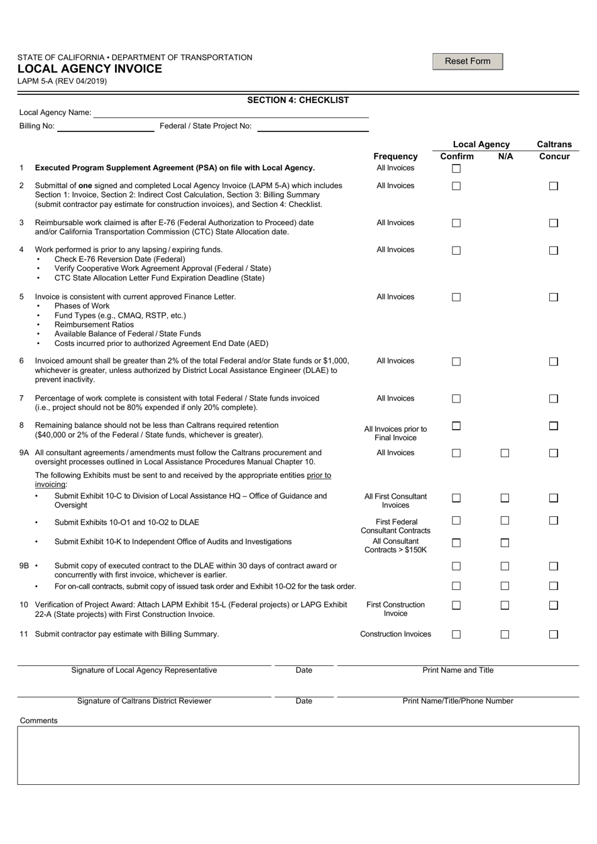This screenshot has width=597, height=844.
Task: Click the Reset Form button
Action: pyautogui.click(x=468, y=61)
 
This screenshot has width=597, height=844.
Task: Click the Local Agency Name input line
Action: pyautogui.click(x=231, y=113)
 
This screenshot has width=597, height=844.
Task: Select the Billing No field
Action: pyautogui.click(x=105, y=126)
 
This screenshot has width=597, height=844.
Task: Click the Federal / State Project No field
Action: pyautogui.click(x=312, y=126)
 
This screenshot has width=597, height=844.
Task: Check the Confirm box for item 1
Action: pyautogui.click(x=456, y=169)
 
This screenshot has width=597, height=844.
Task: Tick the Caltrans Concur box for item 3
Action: pyautogui.click(x=553, y=223)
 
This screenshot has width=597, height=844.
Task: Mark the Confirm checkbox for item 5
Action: pyautogui.click(x=456, y=297)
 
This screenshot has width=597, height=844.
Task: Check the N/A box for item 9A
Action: pyautogui.click(x=505, y=453)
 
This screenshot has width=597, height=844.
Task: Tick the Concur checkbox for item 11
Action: pyautogui.click(x=553, y=635)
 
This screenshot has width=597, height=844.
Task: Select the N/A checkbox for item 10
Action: pyautogui.click(x=505, y=605)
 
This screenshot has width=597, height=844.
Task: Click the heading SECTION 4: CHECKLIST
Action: pyautogui.click(x=298, y=100)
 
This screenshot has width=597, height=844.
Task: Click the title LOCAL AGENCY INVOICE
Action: pyautogui.click(x=89, y=69)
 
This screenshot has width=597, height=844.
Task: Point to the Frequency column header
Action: pyautogui.click(x=395, y=157)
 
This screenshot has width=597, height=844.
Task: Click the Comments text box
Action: pyautogui.click(x=298, y=755)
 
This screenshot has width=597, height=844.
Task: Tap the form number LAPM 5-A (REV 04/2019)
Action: pyautogui.click(x=62, y=81)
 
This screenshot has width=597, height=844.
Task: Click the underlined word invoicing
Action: pyautogui.click(x=50, y=484)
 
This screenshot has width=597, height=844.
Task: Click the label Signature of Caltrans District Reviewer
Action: pyautogui.click(x=144, y=701)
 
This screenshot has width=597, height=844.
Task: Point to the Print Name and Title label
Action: pyautogui.click(x=457, y=670)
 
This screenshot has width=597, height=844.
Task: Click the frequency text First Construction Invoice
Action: pyautogui.click(x=395, y=609)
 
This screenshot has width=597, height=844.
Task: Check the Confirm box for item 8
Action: pyautogui.click(x=456, y=426)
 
